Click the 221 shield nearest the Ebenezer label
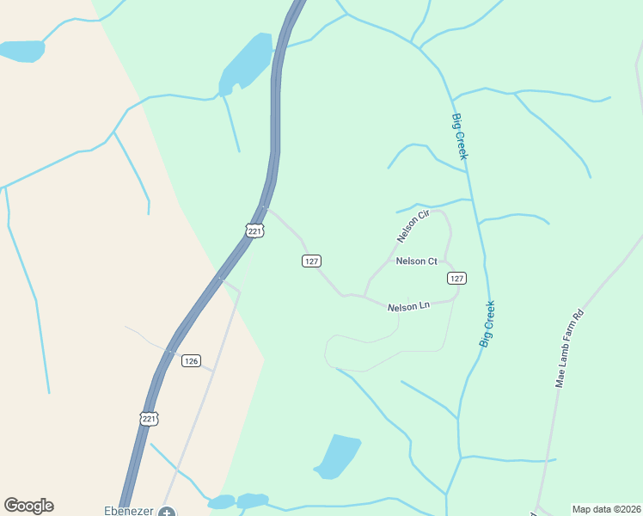point(150,418)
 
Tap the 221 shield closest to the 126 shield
point(150,418)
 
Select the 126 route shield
point(192,361)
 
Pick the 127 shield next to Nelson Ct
point(456,278)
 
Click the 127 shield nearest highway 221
point(311,261)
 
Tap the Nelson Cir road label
point(413,226)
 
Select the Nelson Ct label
point(417,261)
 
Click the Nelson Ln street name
point(408,306)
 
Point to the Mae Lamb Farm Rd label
point(569,348)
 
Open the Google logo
point(28,506)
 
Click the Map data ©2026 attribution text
point(605,509)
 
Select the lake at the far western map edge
point(21,51)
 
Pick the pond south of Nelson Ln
point(338,457)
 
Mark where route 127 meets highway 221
point(262,207)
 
